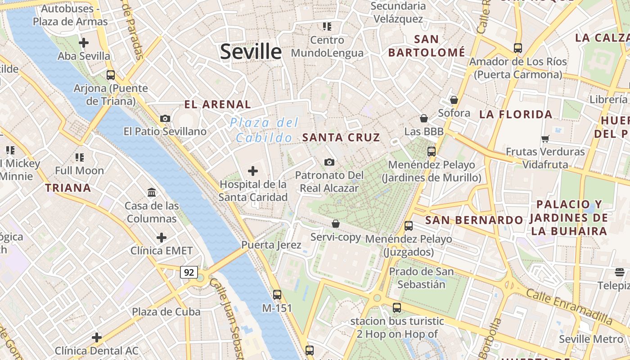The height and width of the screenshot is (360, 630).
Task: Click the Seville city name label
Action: point(251,52)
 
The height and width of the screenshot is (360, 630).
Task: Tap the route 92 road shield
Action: point(189,272)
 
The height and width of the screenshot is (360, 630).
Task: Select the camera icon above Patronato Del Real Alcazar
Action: point(329,162)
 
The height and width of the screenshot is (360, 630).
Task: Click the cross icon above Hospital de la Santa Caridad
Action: point(253,171)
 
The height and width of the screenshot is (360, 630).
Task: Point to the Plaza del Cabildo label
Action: point(264,130)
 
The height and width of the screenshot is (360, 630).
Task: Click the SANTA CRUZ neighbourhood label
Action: point(342,138)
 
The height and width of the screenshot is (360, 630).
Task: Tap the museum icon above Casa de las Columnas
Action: point(152,193)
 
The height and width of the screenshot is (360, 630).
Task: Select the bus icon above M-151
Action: point(277,295)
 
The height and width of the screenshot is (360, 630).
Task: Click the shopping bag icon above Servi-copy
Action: point(336,224)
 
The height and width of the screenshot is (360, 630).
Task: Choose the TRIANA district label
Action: point(68,188)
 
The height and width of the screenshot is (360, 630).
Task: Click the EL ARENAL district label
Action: point(218,104)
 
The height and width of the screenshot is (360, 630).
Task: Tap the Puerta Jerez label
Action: point(271,245)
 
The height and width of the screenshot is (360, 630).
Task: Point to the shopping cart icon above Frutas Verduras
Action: point(545,139)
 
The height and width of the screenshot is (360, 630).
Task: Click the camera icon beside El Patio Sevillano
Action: point(165,118)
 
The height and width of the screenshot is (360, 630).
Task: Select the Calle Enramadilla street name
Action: point(569,306)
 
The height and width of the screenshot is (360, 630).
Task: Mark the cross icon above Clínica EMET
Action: point(162,238)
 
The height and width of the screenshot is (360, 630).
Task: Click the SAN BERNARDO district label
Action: point(474,220)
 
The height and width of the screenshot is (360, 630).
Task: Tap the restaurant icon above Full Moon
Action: point(80,157)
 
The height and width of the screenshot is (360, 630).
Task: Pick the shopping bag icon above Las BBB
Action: point(423,118)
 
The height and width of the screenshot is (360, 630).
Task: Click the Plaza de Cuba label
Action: point(166,312)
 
